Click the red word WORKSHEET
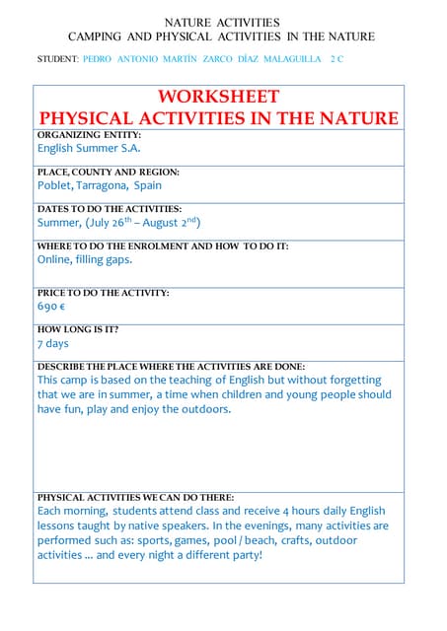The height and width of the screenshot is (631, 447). tap(218, 97)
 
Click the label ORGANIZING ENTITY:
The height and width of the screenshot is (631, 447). tap(90, 134)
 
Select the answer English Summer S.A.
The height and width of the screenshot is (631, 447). tap(89, 149)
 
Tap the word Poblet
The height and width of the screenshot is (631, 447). tap(56, 185)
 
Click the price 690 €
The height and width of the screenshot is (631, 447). tap(52, 307)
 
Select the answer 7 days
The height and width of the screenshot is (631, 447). tap(53, 343)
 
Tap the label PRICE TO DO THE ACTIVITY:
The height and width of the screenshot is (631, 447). tap(103, 293)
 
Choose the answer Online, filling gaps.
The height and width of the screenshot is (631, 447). tap(84, 259)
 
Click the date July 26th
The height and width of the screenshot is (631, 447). tap(110, 222)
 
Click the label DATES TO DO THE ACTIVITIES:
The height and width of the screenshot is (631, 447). tap(110, 209)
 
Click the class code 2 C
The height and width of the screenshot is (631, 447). tap(337, 59)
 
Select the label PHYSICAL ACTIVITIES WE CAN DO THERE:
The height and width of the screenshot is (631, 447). tap(135, 498)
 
